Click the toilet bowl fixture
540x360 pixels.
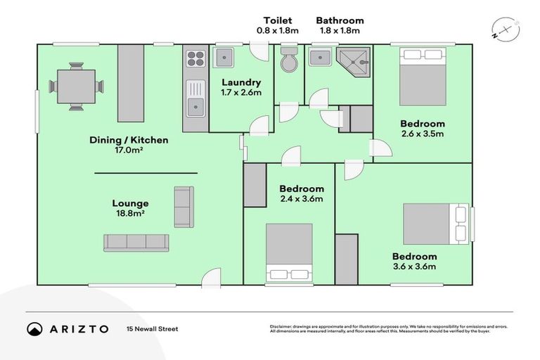[289, 62]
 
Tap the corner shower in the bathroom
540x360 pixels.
[354, 63]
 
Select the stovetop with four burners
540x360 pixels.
[195, 58]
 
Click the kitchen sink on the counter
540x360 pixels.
[195, 105]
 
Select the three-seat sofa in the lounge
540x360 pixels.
[136, 243]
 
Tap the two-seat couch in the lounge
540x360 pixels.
[184, 207]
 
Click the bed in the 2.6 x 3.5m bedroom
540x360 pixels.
[423, 76]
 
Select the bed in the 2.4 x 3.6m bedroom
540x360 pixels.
[289, 253]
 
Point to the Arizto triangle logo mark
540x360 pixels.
[35, 329]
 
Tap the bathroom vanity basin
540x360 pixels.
[321, 57]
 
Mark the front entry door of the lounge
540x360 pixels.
[211, 279]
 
